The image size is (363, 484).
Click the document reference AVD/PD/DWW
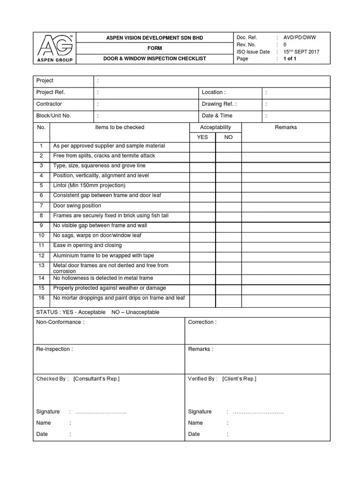pos(299,37)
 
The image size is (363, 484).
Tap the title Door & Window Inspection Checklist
pos(155,59)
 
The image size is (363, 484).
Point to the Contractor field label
pos(49,104)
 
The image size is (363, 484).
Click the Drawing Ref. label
pos(219,104)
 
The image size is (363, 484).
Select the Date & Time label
pos(217,116)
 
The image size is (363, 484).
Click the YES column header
pos(202,137)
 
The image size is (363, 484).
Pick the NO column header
pos(228,137)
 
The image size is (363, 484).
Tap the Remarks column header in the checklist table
pos(285,128)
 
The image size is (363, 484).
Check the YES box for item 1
pos(202,147)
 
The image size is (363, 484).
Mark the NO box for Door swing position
pos(228,206)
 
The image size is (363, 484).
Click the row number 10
pos(41,235)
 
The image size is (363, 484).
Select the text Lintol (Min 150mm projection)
pos(89,185)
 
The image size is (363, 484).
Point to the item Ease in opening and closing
pos(87,245)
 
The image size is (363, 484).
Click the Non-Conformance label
pos(60,322)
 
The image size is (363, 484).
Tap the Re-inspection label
pos(54,349)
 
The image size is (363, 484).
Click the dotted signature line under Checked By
pos(101,412)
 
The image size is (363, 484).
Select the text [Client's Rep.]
pos(239,379)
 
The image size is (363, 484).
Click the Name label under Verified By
pos(195,423)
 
